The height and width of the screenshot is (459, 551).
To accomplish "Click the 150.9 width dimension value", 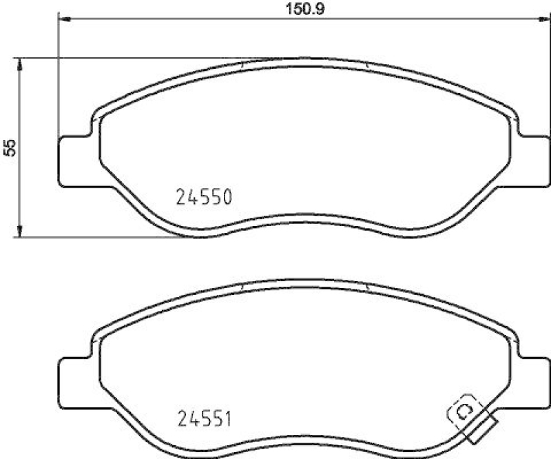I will click(x=300, y=10).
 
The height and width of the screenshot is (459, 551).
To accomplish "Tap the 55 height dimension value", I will click(x=10, y=147).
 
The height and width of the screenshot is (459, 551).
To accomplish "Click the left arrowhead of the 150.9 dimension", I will click(x=64, y=19).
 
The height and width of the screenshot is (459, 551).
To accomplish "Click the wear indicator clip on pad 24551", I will click(x=462, y=412).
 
